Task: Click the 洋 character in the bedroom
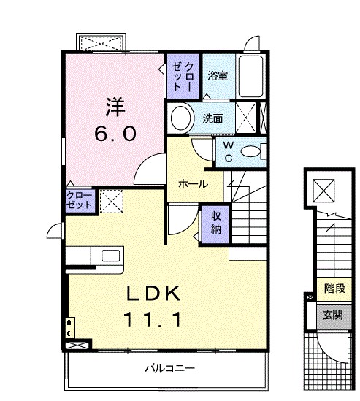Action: tap(113, 107)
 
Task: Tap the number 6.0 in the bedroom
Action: tap(113, 134)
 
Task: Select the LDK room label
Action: tap(153, 293)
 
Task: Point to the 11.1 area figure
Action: tap(153, 320)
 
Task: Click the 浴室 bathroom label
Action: tap(217, 75)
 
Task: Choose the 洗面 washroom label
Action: tap(212, 118)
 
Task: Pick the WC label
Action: tap(227, 151)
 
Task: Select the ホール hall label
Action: tap(194, 184)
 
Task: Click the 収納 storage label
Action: tap(217, 222)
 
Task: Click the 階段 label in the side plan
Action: tap(334, 289)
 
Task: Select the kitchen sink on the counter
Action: tap(111, 256)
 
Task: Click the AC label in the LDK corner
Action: tap(69, 326)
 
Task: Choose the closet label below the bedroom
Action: tap(80, 200)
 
